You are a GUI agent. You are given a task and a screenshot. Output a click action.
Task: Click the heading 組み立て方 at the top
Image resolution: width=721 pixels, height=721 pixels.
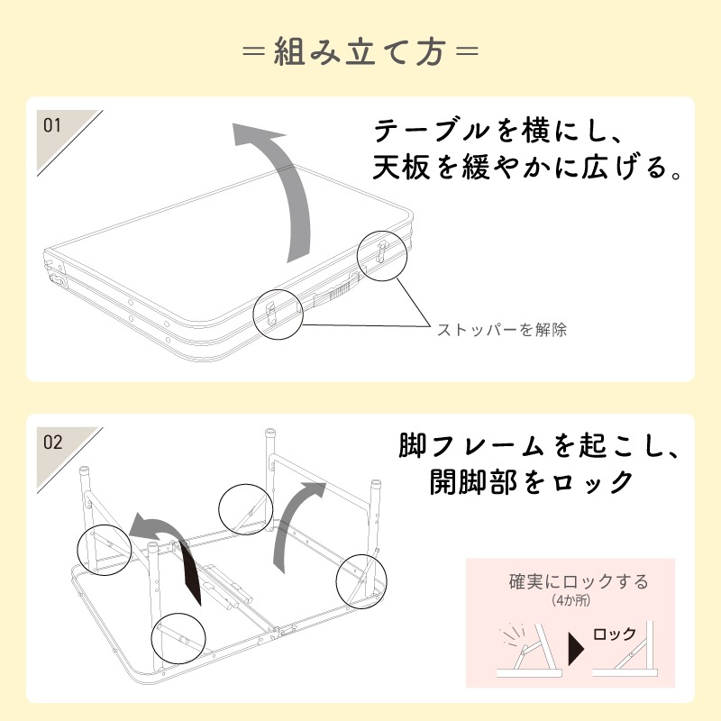pyautogui.click(x=360, y=51)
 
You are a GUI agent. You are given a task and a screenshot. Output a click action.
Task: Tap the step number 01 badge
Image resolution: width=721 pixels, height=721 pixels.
pyautogui.click(x=53, y=126)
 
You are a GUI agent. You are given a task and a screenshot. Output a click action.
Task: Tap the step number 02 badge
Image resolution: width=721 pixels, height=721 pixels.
pyautogui.click(x=53, y=443)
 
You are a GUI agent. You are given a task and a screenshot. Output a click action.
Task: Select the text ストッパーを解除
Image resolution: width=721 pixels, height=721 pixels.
pyautogui.click(x=502, y=330)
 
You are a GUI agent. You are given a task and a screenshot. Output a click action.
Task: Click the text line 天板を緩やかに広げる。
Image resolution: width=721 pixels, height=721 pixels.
pyautogui.click(x=527, y=168)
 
